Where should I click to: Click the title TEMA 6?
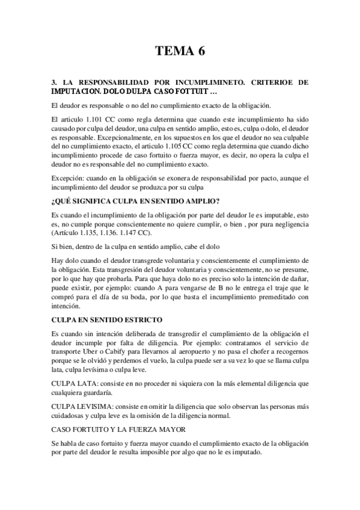click(x=180, y=51)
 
